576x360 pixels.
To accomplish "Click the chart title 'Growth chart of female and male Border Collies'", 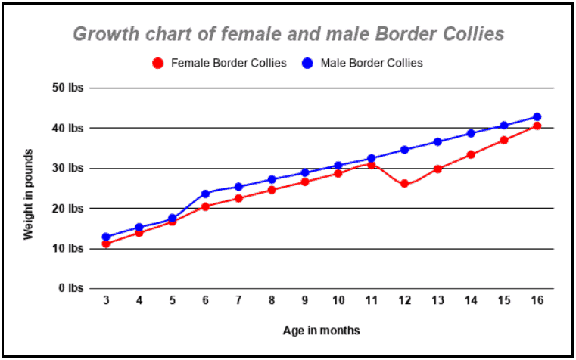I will click(288, 34).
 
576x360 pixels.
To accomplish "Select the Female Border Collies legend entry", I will click(220, 63).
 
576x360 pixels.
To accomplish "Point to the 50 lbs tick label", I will click(67, 88).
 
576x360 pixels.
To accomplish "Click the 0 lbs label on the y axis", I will click(70, 288).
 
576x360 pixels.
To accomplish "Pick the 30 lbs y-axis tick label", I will click(67, 168).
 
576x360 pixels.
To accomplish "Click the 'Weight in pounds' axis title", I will click(29, 194).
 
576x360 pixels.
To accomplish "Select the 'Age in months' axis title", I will click(321, 331).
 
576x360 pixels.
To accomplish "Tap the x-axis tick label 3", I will click(106, 301).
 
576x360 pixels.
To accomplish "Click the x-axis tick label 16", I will click(537, 301).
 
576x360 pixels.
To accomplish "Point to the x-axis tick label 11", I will click(371, 301).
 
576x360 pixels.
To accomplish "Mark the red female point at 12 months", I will click(404, 184).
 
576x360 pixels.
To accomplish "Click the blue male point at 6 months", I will click(205, 194).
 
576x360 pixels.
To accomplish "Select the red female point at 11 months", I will click(371, 164).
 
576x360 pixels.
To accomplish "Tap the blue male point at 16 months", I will click(537, 117).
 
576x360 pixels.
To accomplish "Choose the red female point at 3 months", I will click(106, 244).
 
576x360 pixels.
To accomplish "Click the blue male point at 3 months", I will click(106, 237).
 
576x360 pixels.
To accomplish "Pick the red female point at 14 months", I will click(470, 154).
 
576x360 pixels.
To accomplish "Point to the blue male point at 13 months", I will click(437, 141).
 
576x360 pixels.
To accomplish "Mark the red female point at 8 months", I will click(272, 190).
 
